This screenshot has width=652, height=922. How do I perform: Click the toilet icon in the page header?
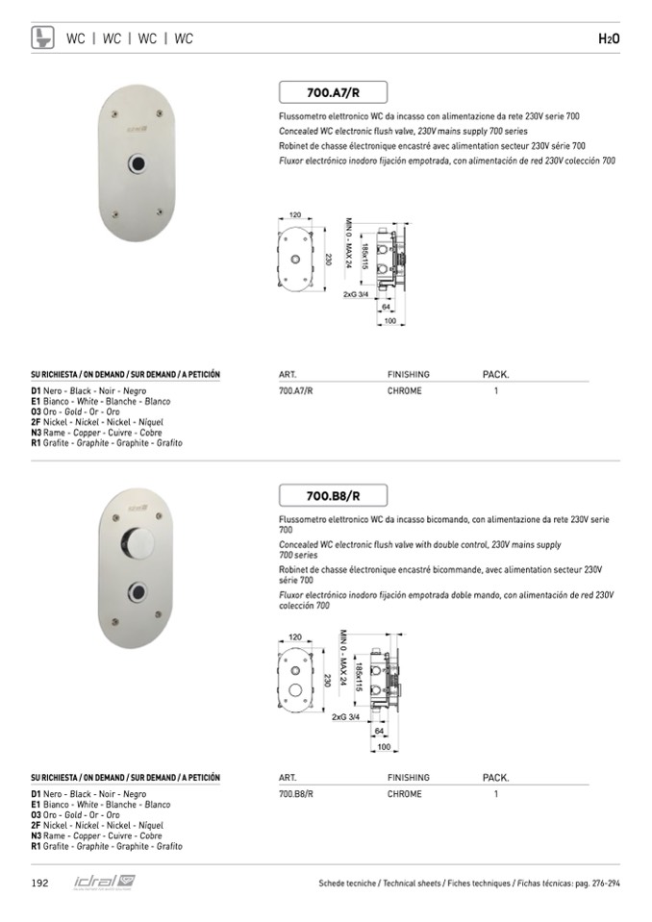[x=43, y=38]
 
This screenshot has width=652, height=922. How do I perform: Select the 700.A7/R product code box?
[x=333, y=93]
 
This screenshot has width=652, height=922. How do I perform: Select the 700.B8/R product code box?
[x=333, y=496]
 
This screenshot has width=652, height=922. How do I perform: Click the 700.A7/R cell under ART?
[x=296, y=391]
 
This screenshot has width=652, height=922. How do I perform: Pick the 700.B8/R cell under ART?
[x=296, y=794]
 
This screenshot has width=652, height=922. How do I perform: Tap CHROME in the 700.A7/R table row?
[x=404, y=391]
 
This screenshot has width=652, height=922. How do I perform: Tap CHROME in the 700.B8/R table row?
[x=404, y=794]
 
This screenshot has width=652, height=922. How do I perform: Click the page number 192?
[x=40, y=883]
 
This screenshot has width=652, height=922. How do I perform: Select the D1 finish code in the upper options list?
[x=36, y=391]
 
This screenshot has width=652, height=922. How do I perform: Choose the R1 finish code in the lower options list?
[x=36, y=846]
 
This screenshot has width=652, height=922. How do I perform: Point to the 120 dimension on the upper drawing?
[x=295, y=214]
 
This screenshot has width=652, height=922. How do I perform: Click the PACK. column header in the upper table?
[x=495, y=374]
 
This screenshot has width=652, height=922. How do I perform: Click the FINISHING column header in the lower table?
[x=408, y=777]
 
